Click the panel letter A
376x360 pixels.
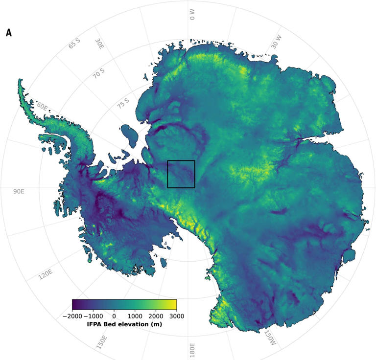(x=9, y=33)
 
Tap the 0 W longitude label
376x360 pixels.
(x=192, y=15)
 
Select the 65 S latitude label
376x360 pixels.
(x=74, y=44)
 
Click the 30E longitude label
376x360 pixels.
(x=99, y=45)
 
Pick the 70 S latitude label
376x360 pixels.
(x=99, y=74)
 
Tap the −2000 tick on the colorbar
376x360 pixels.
(x=73, y=316)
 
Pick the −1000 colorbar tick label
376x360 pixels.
(x=93, y=316)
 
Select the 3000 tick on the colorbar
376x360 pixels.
(x=176, y=316)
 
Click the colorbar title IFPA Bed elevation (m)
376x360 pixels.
(x=124, y=324)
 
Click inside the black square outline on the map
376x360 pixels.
(x=181, y=174)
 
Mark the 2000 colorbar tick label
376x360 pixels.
(x=156, y=316)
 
